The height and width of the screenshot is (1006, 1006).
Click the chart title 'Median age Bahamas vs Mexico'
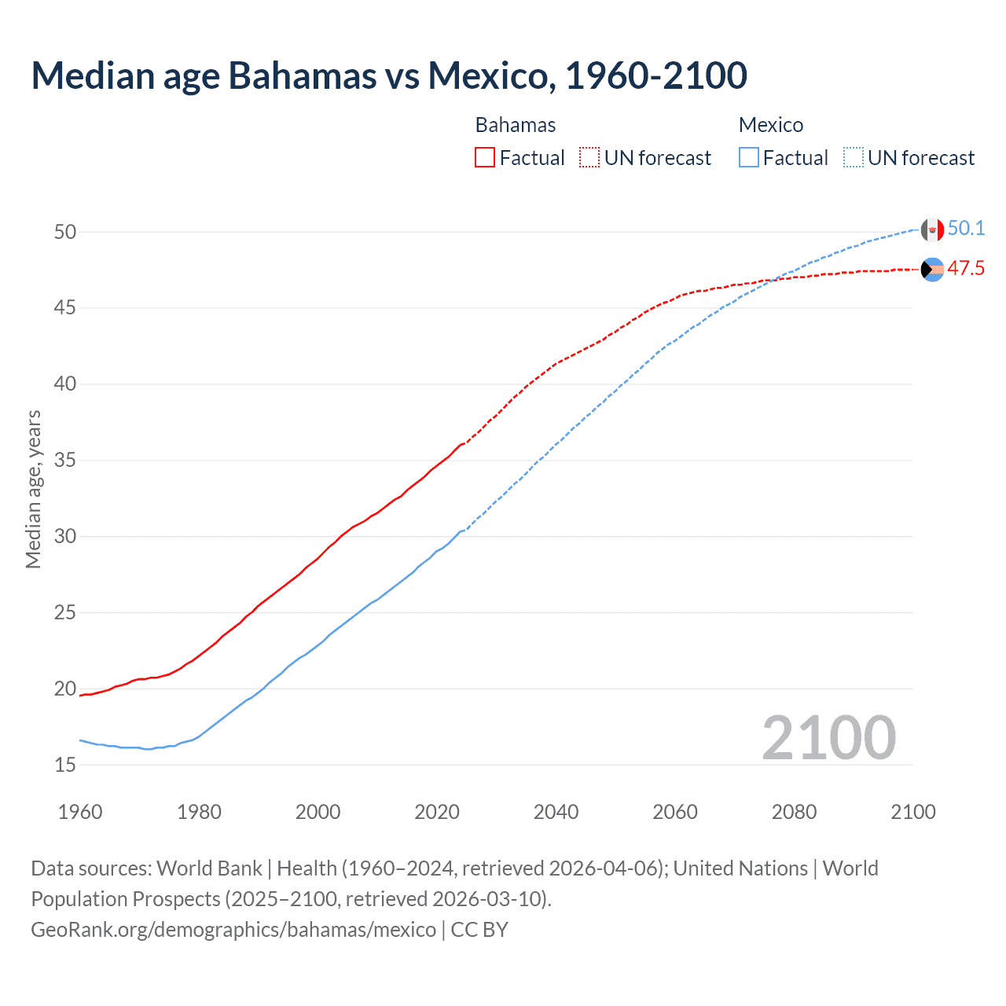(x=389, y=76)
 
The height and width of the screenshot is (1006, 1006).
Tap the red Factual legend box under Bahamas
(x=485, y=158)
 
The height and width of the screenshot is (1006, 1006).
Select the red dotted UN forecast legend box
(x=589, y=158)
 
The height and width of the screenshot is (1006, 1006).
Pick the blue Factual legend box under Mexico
(x=749, y=158)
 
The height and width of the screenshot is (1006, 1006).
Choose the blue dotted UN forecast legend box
(x=854, y=158)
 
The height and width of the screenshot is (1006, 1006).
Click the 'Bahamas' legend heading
(x=516, y=125)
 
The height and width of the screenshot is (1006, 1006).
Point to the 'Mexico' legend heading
(x=771, y=125)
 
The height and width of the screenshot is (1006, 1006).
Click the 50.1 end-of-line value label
(x=966, y=229)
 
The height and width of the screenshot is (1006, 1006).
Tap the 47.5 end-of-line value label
(x=966, y=269)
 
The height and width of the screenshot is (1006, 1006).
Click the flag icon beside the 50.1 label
(x=932, y=229)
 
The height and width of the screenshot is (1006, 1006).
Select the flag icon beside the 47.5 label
(x=932, y=270)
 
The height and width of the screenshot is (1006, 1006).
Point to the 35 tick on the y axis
(x=65, y=460)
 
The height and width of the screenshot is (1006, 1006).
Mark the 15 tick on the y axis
(x=65, y=765)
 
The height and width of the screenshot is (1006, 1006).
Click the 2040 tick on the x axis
(x=556, y=812)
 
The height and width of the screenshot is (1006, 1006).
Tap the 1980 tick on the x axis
(x=199, y=812)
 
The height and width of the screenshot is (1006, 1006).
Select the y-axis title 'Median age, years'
(x=33, y=489)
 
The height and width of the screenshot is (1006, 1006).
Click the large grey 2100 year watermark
(x=828, y=737)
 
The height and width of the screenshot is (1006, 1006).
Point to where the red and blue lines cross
(x=771, y=280)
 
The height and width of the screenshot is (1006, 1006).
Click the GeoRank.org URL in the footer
(x=233, y=930)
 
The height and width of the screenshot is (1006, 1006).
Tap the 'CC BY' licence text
(x=479, y=930)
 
